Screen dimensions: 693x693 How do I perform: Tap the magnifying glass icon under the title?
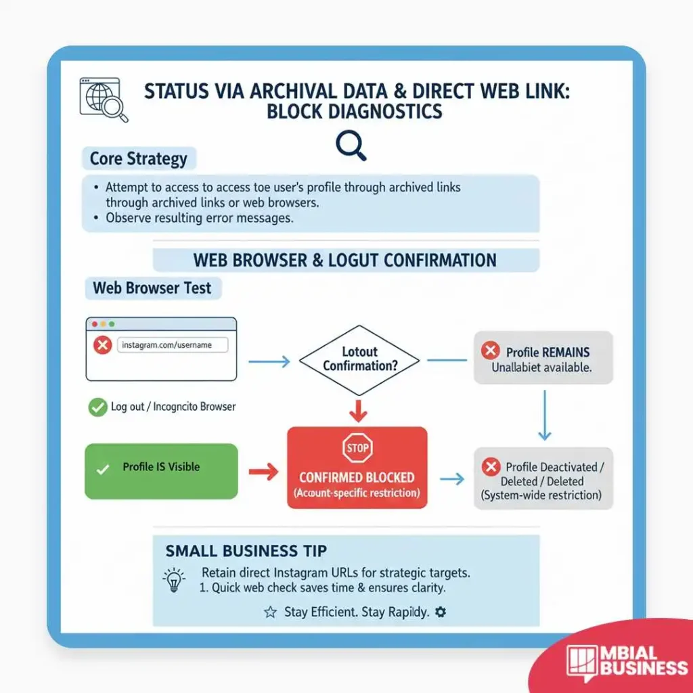(x=351, y=145)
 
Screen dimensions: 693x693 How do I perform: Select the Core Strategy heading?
(x=138, y=159)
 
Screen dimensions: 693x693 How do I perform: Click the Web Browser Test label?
(x=152, y=288)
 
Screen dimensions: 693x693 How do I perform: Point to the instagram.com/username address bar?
(x=173, y=345)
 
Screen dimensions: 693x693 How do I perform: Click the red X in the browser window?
(x=102, y=346)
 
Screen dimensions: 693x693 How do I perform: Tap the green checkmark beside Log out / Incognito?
(x=97, y=407)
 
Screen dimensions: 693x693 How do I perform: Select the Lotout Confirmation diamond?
(x=359, y=359)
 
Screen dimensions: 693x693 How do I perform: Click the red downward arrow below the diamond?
(x=359, y=411)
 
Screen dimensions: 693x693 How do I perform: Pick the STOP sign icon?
(x=357, y=448)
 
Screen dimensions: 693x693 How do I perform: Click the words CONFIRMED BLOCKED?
(x=357, y=478)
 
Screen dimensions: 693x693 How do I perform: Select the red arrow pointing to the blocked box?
(x=264, y=472)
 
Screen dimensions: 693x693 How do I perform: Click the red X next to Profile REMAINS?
(x=490, y=351)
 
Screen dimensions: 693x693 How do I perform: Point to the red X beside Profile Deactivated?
(x=490, y=467)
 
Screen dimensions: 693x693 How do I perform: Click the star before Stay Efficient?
(x=270, y=612)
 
